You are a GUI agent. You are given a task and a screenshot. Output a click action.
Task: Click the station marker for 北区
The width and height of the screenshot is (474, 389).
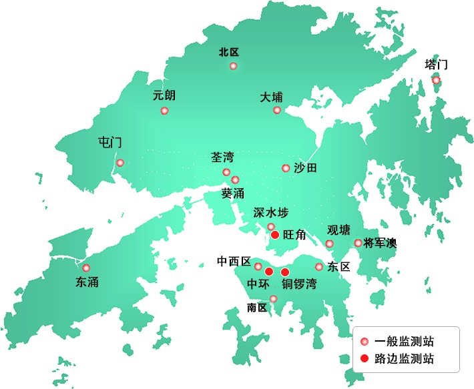click(234, 66)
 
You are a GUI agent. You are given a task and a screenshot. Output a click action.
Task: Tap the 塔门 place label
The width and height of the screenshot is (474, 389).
click(436, 65)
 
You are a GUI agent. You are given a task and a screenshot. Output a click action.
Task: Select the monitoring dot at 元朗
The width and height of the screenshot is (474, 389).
click(164, 111)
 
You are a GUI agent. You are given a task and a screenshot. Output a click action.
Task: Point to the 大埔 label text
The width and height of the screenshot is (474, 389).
click(272, 97)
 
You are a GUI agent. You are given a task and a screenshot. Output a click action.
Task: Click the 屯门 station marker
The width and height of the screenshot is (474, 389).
click(120, 163)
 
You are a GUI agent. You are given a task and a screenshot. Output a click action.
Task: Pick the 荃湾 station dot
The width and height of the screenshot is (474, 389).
click(226, 173)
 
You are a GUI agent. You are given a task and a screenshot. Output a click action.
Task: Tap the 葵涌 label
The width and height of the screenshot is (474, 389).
click(233, 193)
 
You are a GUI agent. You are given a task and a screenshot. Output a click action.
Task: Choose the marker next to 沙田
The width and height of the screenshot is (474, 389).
click(286, 168)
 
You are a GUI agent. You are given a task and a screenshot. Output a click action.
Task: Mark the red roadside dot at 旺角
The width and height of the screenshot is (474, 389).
click(275, 235)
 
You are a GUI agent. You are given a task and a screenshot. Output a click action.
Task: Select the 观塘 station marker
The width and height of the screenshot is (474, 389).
click(329, 244)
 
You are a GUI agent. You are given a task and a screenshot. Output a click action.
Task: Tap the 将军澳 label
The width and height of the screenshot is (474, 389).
click(381, 243)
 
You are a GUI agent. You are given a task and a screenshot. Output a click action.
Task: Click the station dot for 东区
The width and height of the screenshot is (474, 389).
click(319, 267)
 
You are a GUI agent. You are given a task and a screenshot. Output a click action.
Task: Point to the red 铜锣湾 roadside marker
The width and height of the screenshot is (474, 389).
click(285, 272)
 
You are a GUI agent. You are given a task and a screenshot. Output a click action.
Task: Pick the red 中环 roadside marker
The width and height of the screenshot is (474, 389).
click(269, 272)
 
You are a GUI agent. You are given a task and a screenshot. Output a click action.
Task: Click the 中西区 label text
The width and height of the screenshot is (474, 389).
click(234, 262)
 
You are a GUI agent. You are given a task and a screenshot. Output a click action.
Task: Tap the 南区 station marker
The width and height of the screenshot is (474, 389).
click(273, 299)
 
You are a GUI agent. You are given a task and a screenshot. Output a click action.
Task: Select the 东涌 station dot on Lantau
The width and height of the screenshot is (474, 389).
click(86, 268)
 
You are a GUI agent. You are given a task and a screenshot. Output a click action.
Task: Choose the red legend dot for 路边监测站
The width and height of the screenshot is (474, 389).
click(364, 359)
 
